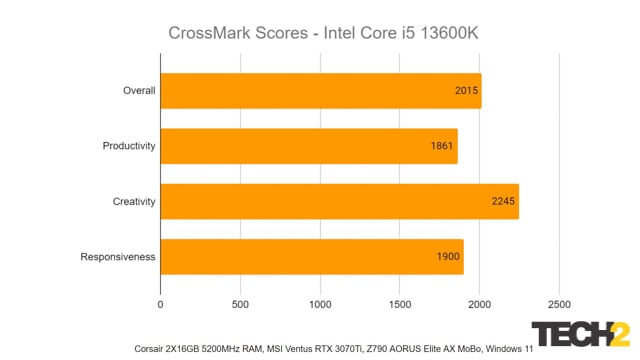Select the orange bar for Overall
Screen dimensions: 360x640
pyautogui.click(x=320, y=90)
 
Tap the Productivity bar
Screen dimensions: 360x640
pyautogui.click(x=308, y=146)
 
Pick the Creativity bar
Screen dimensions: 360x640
pyautogui.click(x=339, y=201)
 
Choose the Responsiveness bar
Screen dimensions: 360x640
pyautogui.click(x=311, y=256)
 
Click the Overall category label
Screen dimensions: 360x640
pyautogui.click(x=139, y=91)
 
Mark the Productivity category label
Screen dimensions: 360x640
pyautogui.click(x=129, y=146)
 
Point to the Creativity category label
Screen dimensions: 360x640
pyautogui.click(x=134, y=201)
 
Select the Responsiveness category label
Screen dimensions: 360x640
pyautogui.click(x=118, y=256)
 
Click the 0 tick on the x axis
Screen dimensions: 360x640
pyautogui.click(x=161, y=303)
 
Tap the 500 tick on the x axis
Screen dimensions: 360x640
pyautogui.click(x=241, y=303)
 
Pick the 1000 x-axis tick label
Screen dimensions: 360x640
pyautogui.click(x=320, y=303)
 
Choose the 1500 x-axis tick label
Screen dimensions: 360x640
pyautogui.click(x=400, y=303)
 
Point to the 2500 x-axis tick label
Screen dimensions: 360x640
pyautogui.click(x=559, y=303)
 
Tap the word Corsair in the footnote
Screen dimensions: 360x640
pyautogui.click(x=152, y=349)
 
